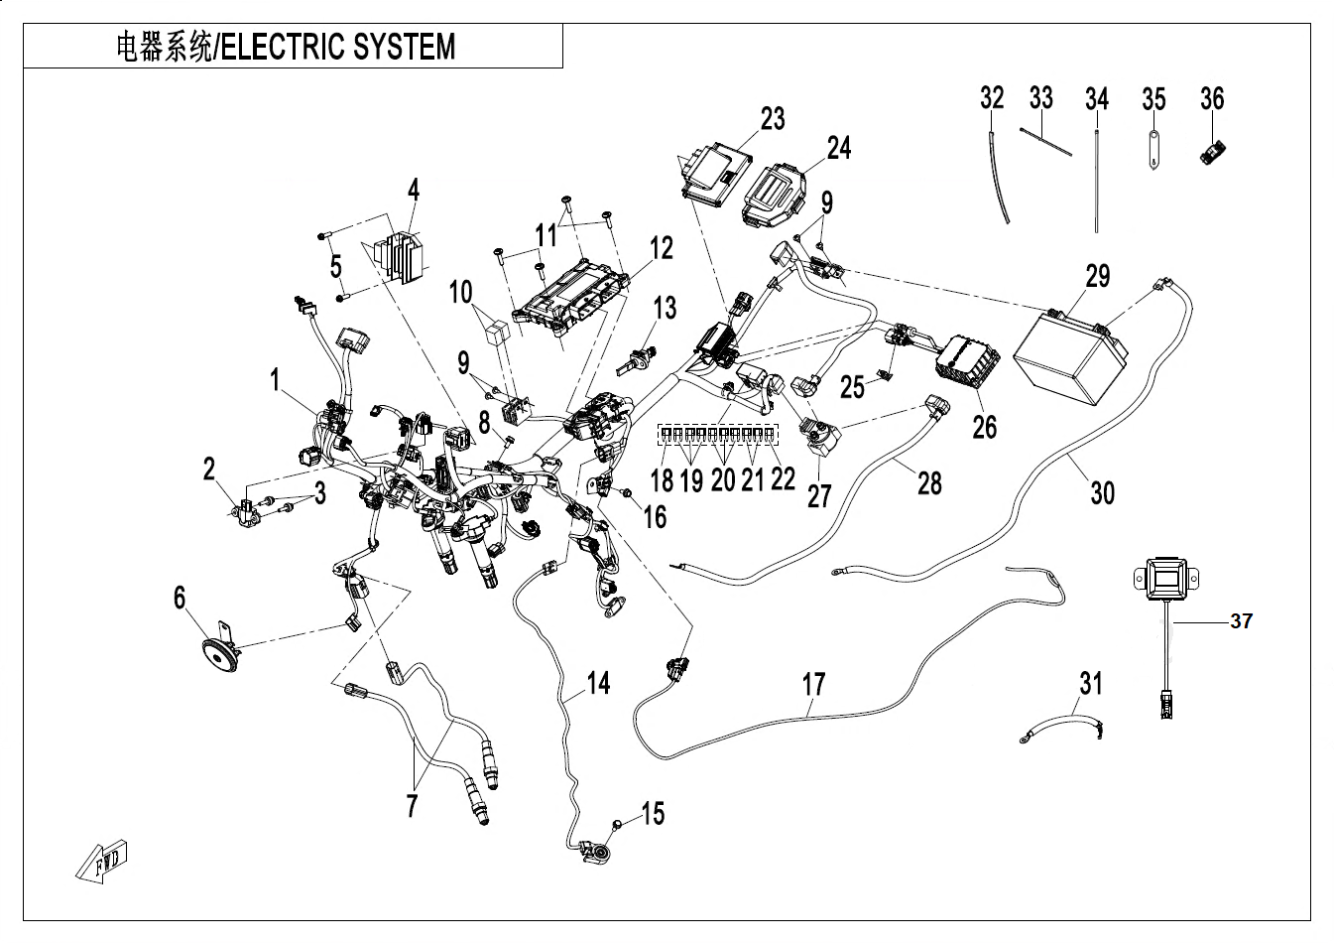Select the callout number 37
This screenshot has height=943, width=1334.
pyautogui.click(x=1241, y=621)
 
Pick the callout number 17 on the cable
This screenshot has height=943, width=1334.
pyautogui.click(x=813, y=684)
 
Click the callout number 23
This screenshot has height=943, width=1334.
pyautogui.click(x=773, y=119)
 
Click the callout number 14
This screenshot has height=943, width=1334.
pyautogui.click(x=597, y=683)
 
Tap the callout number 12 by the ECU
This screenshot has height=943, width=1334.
pyautogui.click(x=662, y=247)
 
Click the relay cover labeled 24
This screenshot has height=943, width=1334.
pyautogui.click(x=773, y=195)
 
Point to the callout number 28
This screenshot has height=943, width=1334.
pyautogui.click(x=928, y=483)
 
